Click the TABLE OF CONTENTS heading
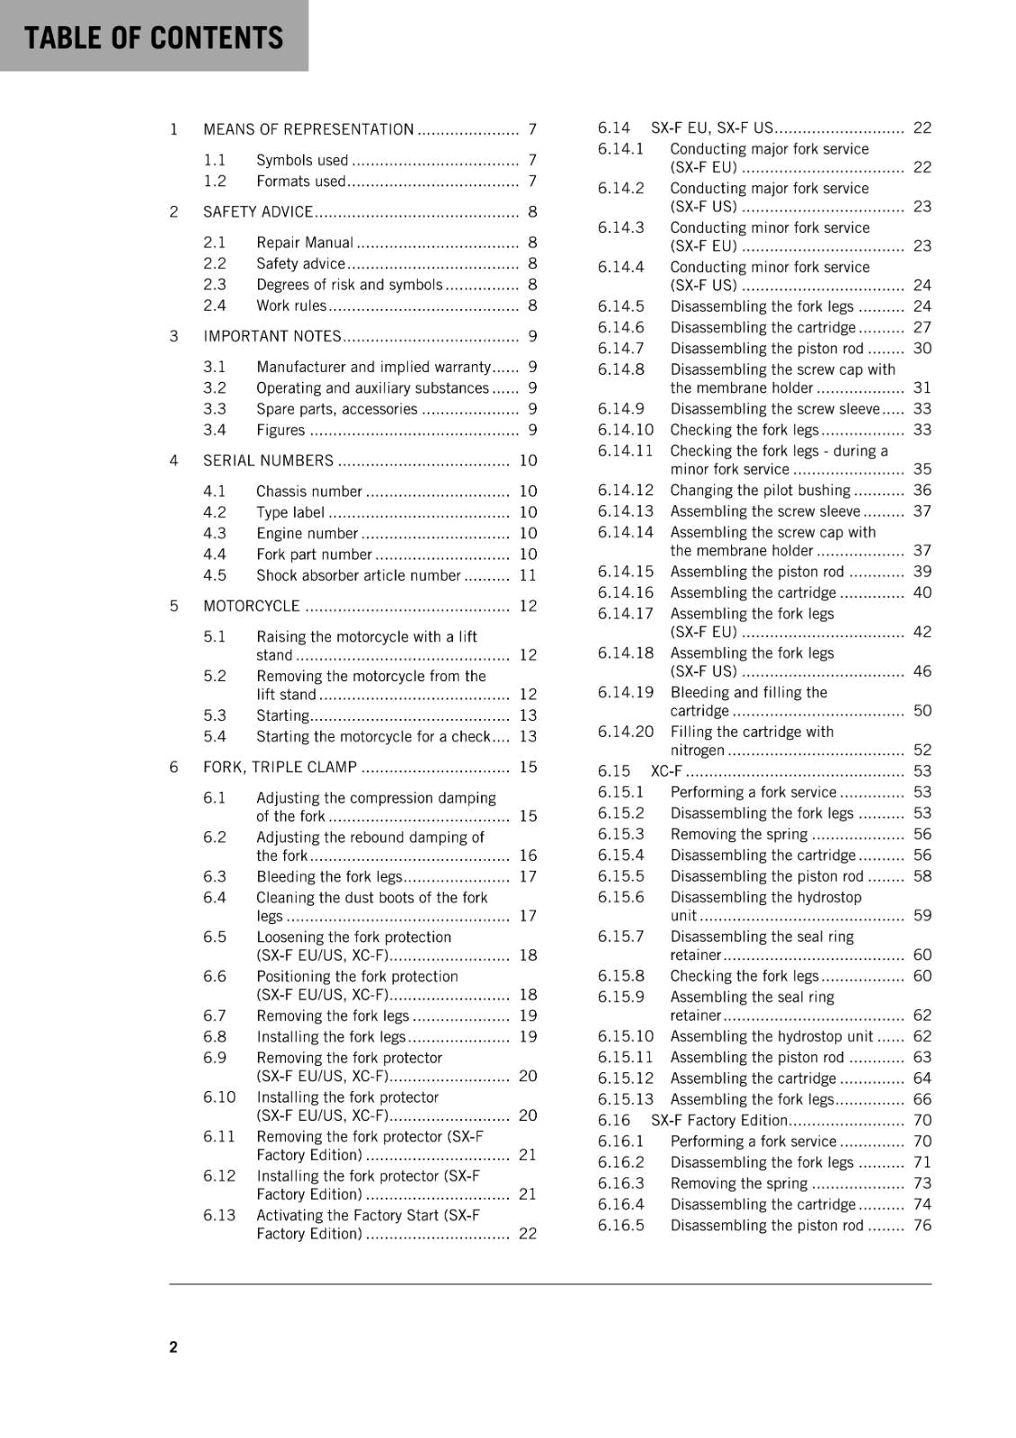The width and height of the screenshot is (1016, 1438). (154, 38)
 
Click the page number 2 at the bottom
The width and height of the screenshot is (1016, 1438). (174, 1346)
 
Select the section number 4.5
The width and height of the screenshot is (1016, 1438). (215, 575)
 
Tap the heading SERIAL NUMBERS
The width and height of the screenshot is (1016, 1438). (268, 460)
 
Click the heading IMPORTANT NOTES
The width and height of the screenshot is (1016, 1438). (272, 336)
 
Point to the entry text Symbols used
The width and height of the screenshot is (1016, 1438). (301, 160)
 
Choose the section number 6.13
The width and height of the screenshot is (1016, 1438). (219, 1215)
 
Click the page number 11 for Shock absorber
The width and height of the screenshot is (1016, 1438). (528, 575)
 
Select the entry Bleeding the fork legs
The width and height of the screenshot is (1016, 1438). (329, 876)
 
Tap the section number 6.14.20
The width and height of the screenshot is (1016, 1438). (626, 732)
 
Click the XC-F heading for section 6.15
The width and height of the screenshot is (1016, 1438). (666, 771)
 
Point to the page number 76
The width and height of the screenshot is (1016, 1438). (922, 1225)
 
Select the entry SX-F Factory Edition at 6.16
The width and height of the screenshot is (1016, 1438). (719, 1121)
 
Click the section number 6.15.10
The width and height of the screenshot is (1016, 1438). (626, 1036)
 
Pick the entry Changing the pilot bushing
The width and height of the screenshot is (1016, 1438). (760, 490)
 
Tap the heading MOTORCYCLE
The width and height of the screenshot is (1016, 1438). (251, 606)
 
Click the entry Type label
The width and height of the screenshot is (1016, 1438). (290, 512)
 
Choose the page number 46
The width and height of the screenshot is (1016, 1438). (922, 671)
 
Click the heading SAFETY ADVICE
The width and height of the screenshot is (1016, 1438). (257, 212)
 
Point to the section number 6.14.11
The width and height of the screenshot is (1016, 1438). (626, 450)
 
